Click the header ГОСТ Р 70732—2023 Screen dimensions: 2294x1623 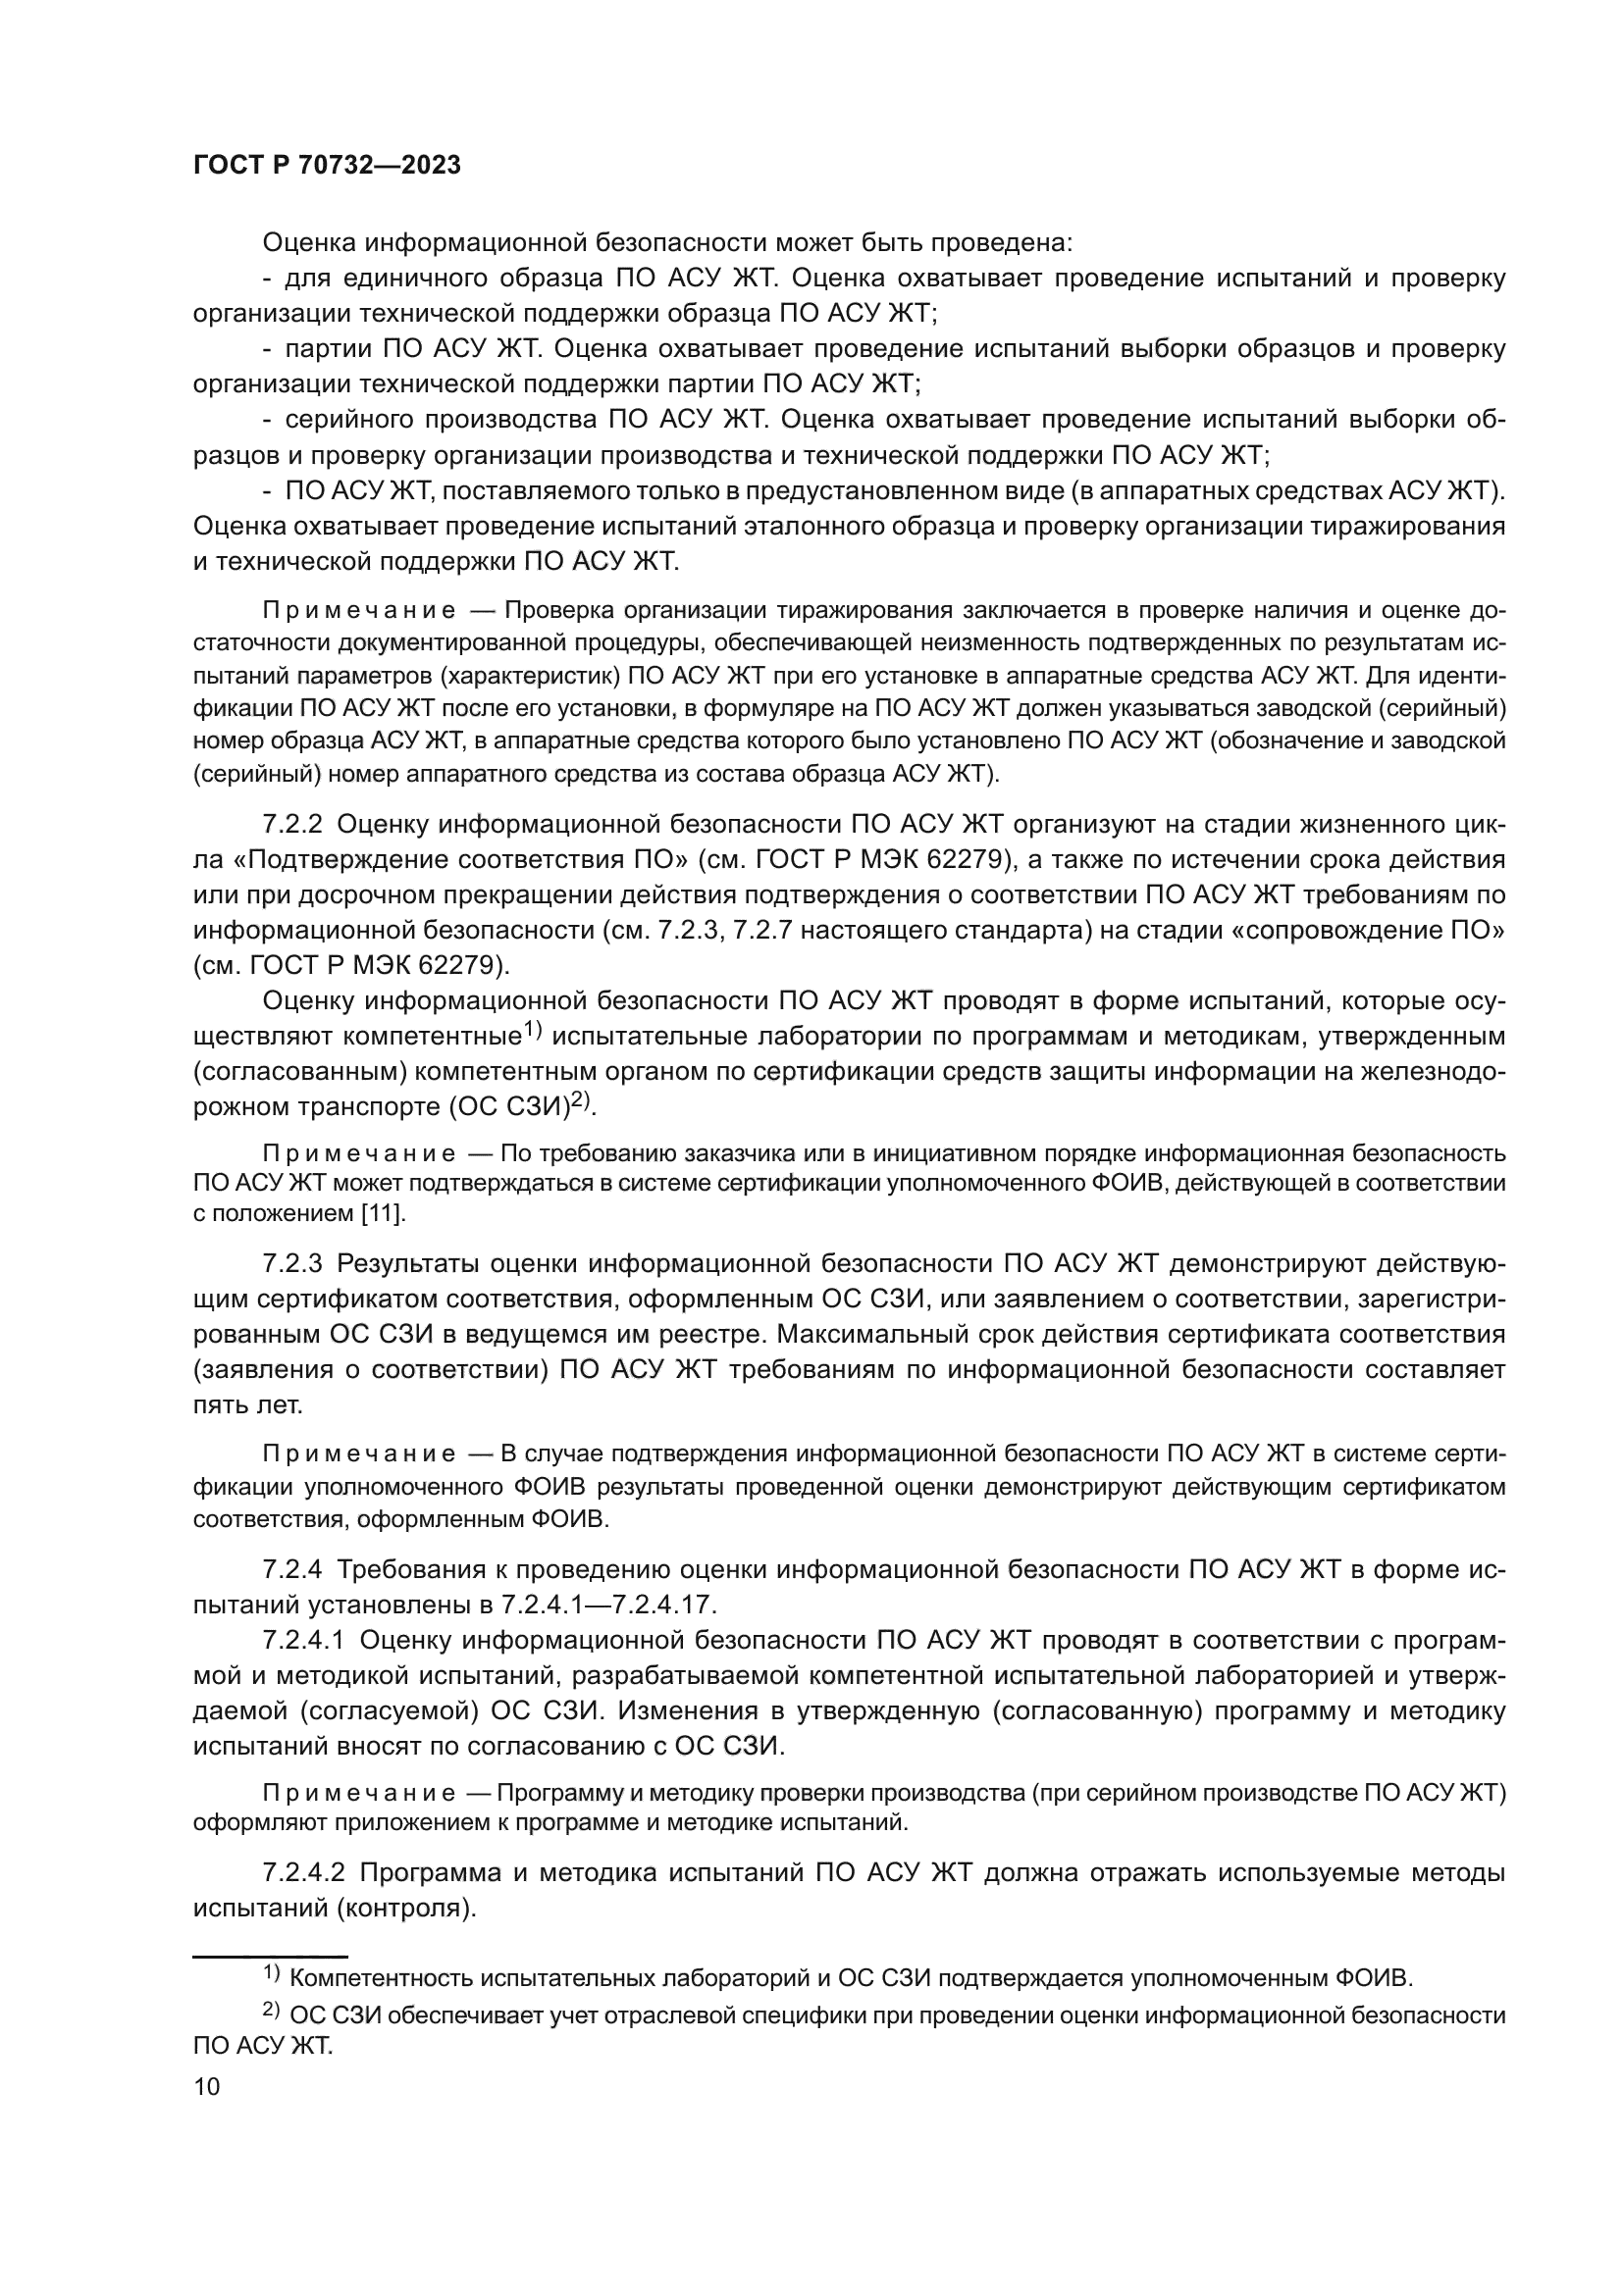pyautogui.click(x=327, y=166)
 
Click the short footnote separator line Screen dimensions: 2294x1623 pyautogui.click(x=270, y=1957)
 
